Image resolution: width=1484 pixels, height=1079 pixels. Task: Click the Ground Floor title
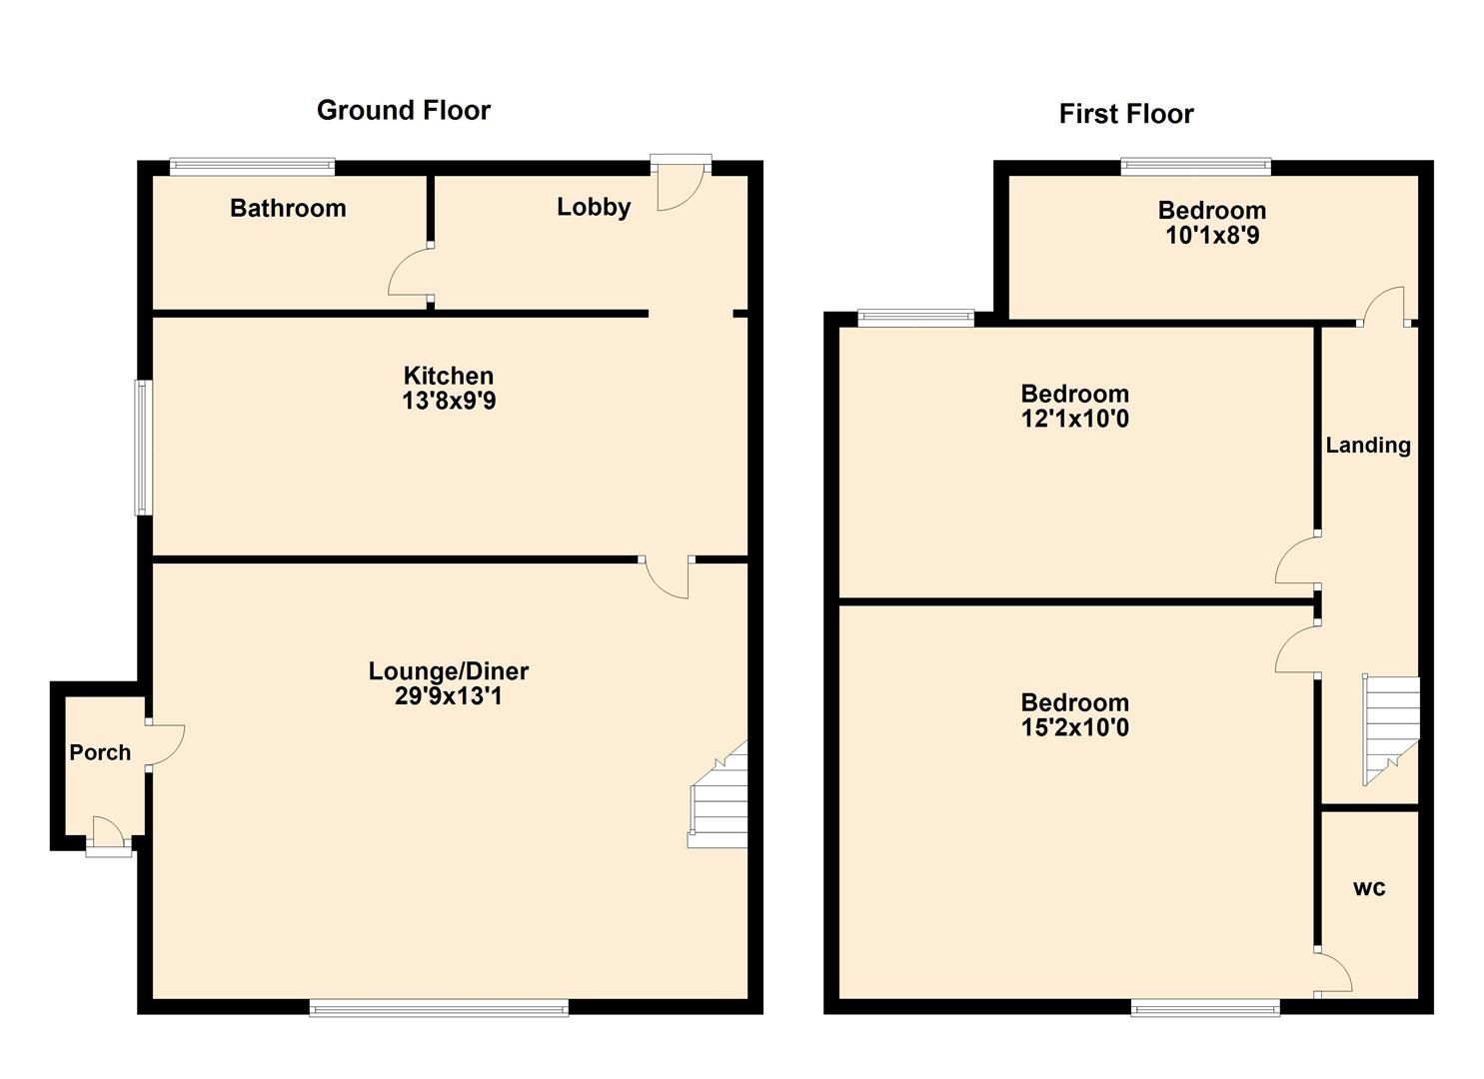tap(403, 110)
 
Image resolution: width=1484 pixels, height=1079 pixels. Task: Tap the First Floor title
tap(1125, 114)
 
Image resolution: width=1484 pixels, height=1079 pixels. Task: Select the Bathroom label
tap(288, 208)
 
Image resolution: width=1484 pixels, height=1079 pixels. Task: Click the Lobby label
tap(594, 207)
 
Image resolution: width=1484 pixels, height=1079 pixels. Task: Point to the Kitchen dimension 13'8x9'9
tap(449, 402)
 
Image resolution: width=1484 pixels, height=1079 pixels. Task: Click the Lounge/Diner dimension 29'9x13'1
tap(449, 696)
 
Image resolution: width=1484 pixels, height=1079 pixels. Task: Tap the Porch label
tap(100, 752)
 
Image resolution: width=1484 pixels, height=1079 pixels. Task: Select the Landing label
tap(1367, 446)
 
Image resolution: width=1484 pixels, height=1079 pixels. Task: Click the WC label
tap(1368, 888)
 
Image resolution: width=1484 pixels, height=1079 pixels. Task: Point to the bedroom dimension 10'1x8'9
tap(1211, 236)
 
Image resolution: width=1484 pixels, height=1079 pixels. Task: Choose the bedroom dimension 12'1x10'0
tap(1074, 419)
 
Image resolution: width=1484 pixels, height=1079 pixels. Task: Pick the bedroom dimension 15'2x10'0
tap(1074, 727)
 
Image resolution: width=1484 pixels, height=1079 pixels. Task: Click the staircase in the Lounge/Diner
tap(720, 799)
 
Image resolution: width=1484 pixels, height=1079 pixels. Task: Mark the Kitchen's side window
tap(144, 447)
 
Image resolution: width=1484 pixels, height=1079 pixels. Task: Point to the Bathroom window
tap(252, 167)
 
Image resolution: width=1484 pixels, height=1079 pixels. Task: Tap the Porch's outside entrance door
tap(108, 837)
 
